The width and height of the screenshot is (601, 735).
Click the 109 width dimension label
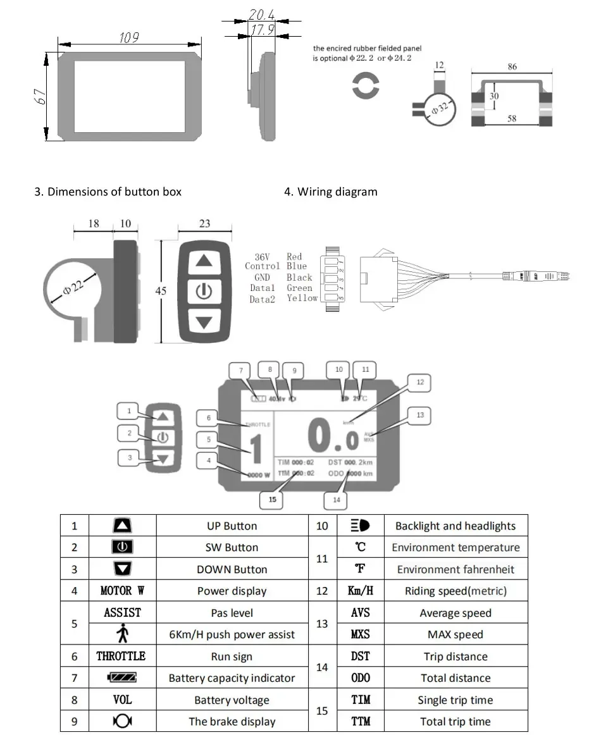[x=129, y=38]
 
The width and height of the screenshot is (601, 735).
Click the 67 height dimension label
[x=39, y=97]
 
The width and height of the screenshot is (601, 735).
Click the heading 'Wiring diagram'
[x=337, y=192]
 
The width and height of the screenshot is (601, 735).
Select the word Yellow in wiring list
[x=302, y=298]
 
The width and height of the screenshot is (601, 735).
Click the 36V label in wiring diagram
[x=262, y=257]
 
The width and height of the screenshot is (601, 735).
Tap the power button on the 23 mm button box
[x=203, y=292]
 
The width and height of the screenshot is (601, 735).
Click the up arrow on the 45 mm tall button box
[x=203, y=261]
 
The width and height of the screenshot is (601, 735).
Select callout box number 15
[x=272, y=500]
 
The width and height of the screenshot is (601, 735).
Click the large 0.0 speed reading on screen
[x=333, y=435]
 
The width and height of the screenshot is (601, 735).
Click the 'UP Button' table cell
[x=232, y=526]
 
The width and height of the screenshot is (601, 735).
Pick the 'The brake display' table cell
[x=232, y=722]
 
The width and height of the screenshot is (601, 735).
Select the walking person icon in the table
[x=122, y=634]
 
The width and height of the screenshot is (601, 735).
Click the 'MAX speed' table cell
[x=455, y=634]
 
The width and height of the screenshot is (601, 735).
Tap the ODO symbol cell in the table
[x=360, y=678]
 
